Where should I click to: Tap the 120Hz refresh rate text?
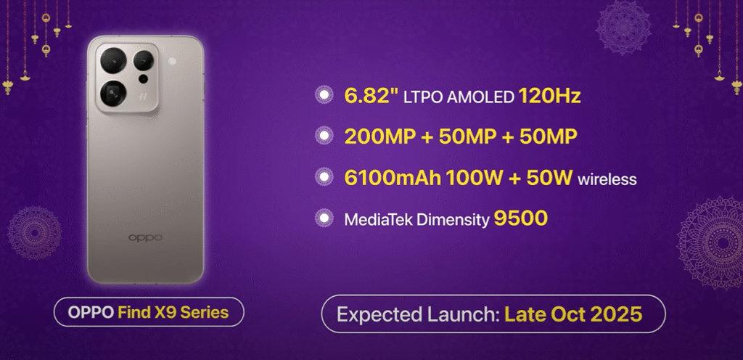coord(550,96)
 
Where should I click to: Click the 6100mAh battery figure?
coord(385,178)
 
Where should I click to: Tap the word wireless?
coord(607,179)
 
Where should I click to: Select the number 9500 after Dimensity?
coord(521,218)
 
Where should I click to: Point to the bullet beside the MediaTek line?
coord(323,218)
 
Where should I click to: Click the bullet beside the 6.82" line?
coord(323,96)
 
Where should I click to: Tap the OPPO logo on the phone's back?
coord(145,237)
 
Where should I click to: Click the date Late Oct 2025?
coord(573,316)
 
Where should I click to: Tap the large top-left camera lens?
coord(113,60)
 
